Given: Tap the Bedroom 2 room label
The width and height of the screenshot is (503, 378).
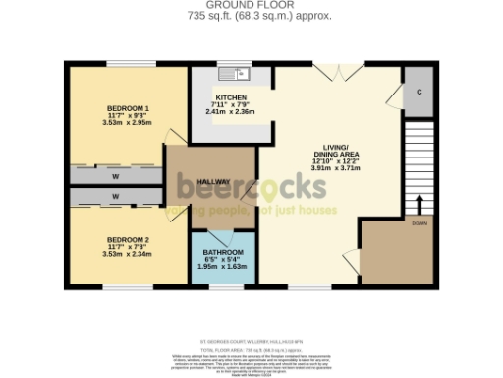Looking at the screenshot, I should (128, 239).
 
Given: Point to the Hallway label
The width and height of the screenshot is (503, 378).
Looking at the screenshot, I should (214, 183).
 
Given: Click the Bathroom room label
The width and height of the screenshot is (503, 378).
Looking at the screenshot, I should (222, 254).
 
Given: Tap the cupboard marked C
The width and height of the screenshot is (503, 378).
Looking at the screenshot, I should (419, 91).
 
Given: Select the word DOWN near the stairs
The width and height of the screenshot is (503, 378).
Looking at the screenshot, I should (419, 224).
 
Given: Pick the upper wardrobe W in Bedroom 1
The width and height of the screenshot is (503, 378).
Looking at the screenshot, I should (116, 177).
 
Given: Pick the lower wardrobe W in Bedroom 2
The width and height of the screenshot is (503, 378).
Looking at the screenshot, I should (116, 197).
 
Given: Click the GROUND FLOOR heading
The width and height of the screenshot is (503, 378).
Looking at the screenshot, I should (251, 5).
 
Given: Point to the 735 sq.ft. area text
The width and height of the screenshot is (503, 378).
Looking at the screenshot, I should (251, 17).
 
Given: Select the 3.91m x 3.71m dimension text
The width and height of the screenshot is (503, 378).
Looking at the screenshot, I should (337, 168).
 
